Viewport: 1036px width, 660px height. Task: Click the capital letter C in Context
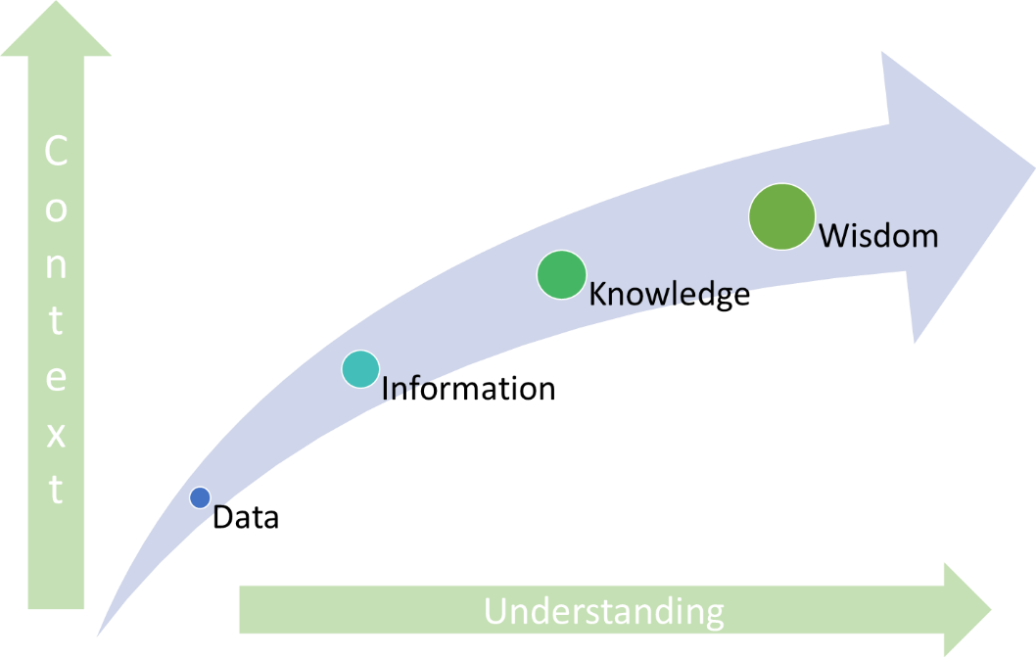pyautogui.click(x=56, y=152)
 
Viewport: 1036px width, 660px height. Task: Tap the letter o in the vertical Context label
pyautogui.click(x=56, y=209)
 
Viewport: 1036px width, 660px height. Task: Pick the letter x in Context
pyautogui.click(x=56, y=434)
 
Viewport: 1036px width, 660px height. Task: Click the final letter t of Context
pyautogui.click(x=56, y=490)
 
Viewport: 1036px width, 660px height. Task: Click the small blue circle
pyautogui.click(x=200, y=497)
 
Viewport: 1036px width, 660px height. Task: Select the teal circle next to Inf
pyautogui.click(x=360, y=369)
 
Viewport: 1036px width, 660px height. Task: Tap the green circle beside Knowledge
pyautogui.click(x=561, y=274)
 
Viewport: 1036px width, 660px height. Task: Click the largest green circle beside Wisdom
pyautogui.click(x=782, y=216)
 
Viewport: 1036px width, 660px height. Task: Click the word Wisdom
pyautogui.click(x=878, y=236)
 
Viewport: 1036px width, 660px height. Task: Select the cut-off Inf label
pyautogui.click(x=395, y=389)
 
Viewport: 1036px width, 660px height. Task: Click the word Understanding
pyautogui.click(x=604, y=611)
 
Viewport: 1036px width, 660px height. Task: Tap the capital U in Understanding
pyautogui.click(x=496, y=611)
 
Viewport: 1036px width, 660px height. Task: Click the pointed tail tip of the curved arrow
pyautogui.click(x=100, y=632)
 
